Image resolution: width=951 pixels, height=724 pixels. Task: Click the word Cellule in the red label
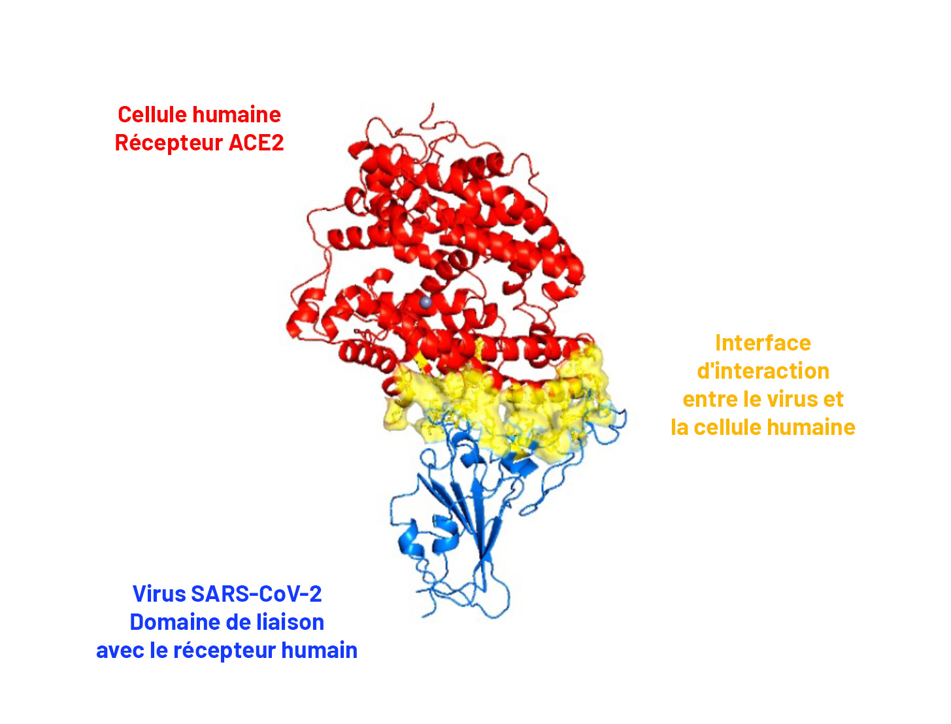coord(152,114)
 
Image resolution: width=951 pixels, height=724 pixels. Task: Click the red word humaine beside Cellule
coord(237,114)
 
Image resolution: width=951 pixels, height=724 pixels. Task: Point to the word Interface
coord(763,343)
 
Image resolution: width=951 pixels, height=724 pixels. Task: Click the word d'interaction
coord(763,371)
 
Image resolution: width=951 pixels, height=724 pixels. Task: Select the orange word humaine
coord(812,428)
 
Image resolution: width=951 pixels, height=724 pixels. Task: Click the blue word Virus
coord(159,594)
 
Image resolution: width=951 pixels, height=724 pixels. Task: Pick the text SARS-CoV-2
coord(256,594)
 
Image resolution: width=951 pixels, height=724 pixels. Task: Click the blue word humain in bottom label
coord(320,650)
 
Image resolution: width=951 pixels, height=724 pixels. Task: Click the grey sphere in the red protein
coord(425,303)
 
